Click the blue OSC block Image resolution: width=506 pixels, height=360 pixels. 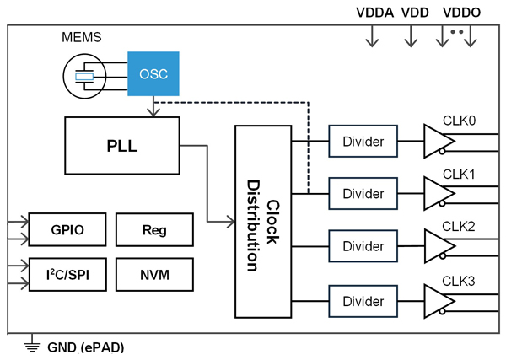[153, 74]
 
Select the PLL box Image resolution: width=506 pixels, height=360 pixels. [122, 146]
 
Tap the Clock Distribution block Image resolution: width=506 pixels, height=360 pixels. [263, 222]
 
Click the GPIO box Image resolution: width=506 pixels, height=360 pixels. [67, 229]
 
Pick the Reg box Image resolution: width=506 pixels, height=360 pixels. [154, 229]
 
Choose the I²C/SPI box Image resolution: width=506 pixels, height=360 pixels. [67, 275]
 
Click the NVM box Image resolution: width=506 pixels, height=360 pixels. [154, 275]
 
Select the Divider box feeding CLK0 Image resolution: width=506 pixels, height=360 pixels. [363, 142]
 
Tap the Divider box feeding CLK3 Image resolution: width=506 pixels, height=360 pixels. [363, 301]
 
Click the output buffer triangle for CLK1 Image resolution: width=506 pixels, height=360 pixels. [437, 194]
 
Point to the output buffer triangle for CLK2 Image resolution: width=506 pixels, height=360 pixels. [437, 246]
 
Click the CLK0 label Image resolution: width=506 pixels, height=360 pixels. [459, 121]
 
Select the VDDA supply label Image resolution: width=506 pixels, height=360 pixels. [374, 13]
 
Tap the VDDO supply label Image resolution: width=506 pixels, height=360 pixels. [461, 13]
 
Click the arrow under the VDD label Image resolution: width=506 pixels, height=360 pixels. [411, 36]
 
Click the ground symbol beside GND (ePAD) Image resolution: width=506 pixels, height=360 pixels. [32, 343]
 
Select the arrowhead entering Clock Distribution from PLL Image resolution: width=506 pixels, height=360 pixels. [231, 222]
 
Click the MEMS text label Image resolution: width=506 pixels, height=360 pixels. [82, 37]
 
